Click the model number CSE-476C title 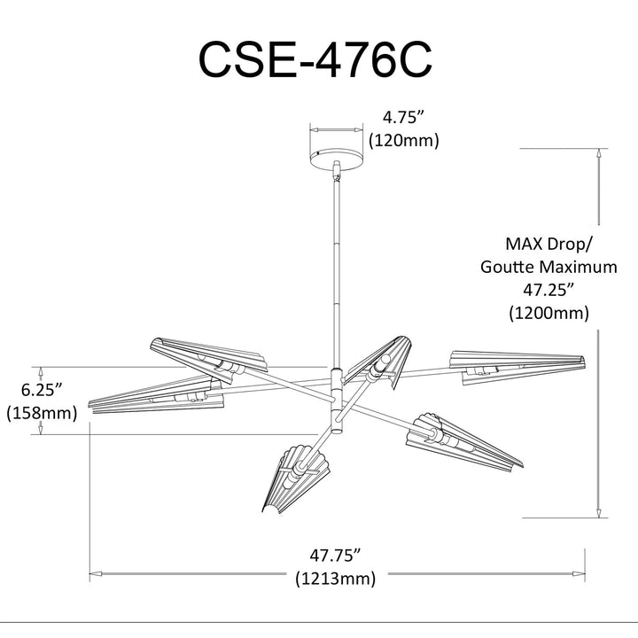(x=315, y=60)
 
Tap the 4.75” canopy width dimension (x=404, y=117)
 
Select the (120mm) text (x=404, y=140)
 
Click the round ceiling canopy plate (x=337, y=159)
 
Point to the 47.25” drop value (x=549, y=290)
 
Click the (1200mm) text (x=549, y=313)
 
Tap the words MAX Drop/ (x=549, y=244)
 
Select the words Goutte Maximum (x=549, y=267)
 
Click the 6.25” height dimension (x=42, y=389)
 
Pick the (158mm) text (x=42, y=413)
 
